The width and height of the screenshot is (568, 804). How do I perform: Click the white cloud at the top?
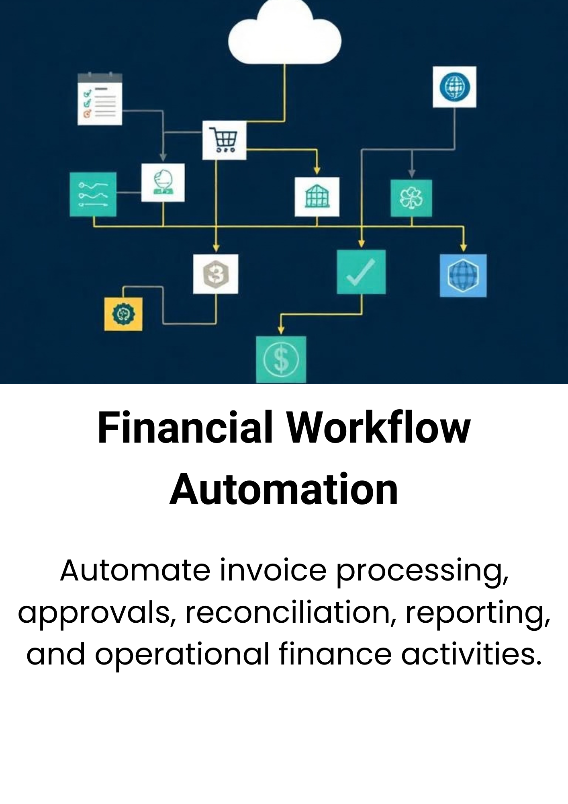(284, 34)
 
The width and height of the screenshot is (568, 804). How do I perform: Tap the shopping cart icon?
(224, 140)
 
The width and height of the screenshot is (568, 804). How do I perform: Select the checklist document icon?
(100, 99)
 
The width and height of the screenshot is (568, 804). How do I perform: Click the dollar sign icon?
(281, 359)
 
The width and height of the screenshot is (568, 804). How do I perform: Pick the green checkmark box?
(361, 272)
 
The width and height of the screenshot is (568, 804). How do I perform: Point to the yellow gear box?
(123, 314)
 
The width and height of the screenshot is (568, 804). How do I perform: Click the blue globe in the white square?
(454, 87)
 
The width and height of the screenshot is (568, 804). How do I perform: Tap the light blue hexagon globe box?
(463, 275)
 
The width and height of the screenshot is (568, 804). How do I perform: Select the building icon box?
(317, 197)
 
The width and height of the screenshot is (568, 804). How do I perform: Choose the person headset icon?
(163, 183)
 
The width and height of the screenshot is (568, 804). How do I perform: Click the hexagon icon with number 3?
(216, 274)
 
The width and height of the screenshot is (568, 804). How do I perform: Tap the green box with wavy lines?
(93, 195)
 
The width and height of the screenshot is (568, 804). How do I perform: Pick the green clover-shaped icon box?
(411, 198)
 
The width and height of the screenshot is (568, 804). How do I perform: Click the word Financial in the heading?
(185, 428)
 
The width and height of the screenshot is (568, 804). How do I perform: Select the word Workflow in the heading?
(378, 428)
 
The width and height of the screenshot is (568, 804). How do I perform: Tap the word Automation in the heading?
(284, 490)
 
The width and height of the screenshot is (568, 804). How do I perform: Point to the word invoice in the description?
(273, 570)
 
